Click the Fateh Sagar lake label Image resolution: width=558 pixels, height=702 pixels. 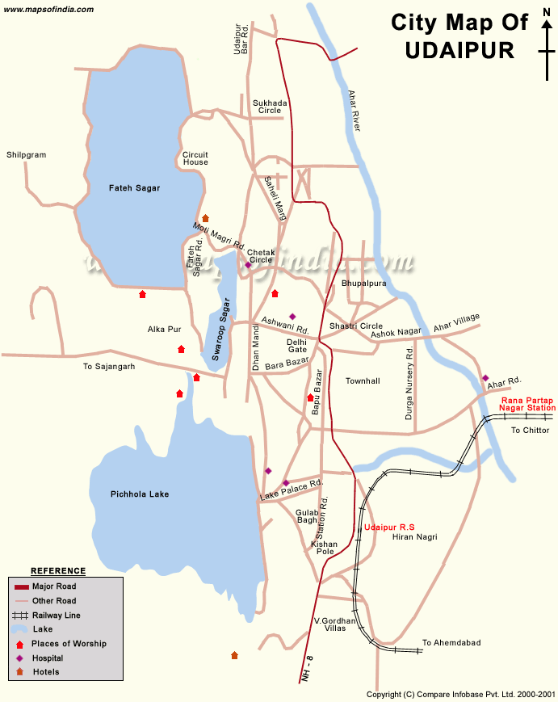coord(134,188)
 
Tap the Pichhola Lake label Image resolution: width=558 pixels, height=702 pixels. coord(140,494)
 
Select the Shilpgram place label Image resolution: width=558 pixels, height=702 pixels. coord(27,154)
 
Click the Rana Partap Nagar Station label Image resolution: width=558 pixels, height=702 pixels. coord(528,404)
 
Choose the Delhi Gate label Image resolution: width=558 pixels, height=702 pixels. coord(296,346)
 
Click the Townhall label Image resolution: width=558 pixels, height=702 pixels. coord(363,380)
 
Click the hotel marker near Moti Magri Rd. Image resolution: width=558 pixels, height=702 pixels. coord(205,218)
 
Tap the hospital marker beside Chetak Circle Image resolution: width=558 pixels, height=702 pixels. coord(248,265)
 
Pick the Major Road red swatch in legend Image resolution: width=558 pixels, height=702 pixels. coord(21,586)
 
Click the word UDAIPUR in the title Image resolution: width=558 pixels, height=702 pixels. coord(459,50)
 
